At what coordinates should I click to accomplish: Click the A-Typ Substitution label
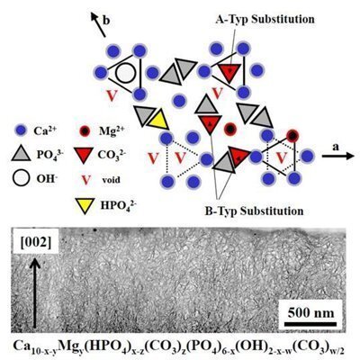[x=265, y=20]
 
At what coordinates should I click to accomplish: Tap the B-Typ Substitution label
[x=254, y=211]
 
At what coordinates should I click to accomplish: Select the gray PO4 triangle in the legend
[x=21, y=153]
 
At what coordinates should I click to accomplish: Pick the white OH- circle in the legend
[x=21, y=178]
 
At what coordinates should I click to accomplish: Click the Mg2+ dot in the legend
[x=85, y=130]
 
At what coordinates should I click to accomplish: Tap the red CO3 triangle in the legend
[x=82, y=155]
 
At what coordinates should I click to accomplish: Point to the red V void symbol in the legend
[x=86, y=180]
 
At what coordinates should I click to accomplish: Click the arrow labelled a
[x=337, y=156]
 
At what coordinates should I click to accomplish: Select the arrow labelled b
[x=98, y=25]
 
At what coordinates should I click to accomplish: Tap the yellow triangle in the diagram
[x=157, y=120]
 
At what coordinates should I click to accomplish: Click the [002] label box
[x=36, y=241]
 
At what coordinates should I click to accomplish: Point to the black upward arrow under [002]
[x=35, y=292]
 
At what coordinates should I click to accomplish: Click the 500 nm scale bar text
[x=310, y=313]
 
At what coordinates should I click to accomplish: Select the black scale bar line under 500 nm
[x=310, y=324]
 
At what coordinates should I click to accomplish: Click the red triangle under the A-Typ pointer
[x=229, y=72]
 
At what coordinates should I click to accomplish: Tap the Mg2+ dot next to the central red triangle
[x=230, y=129]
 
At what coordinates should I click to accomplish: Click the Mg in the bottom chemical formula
[x=68, y=346]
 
